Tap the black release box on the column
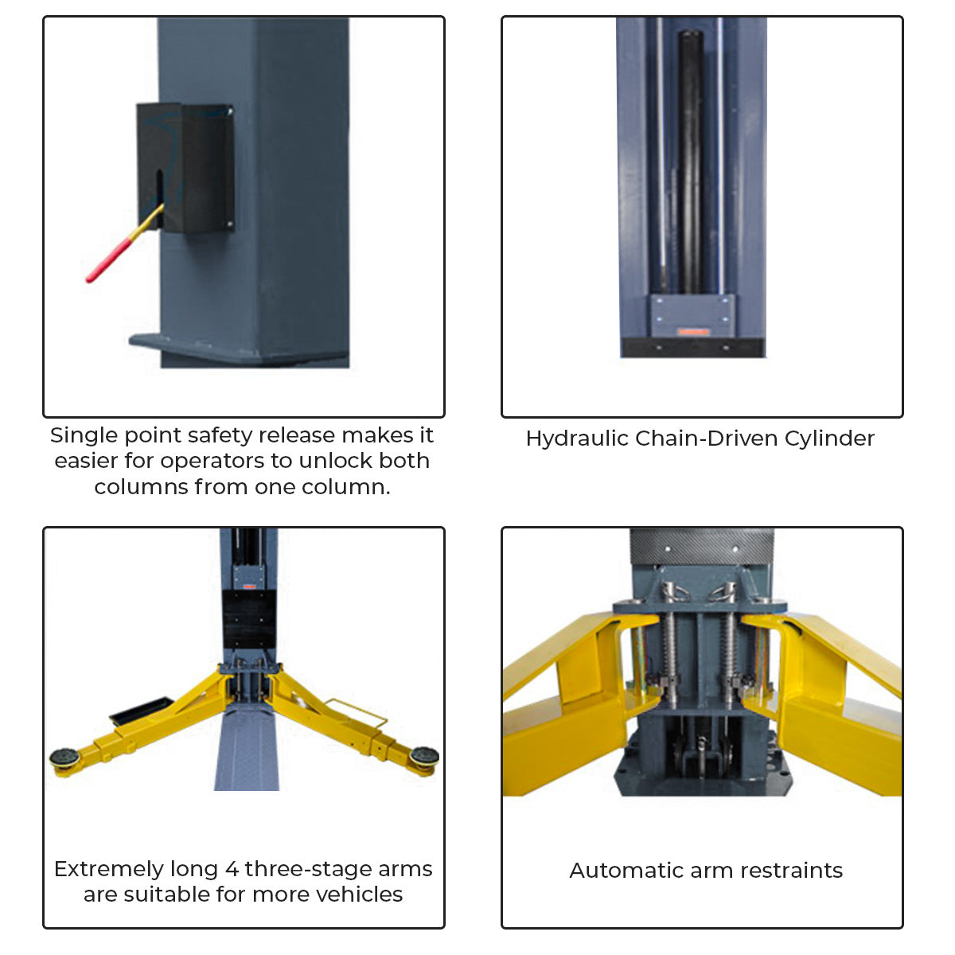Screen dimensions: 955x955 pos(185,167)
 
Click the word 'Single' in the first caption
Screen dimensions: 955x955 pos(84,436)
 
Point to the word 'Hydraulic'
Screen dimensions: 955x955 pos(577,439)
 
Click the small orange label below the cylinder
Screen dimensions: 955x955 pos(693,332)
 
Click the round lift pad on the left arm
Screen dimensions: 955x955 pos(64,758)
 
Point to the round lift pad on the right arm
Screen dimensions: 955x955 pos(424,756)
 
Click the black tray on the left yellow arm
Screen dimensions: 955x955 pos(142,709)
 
